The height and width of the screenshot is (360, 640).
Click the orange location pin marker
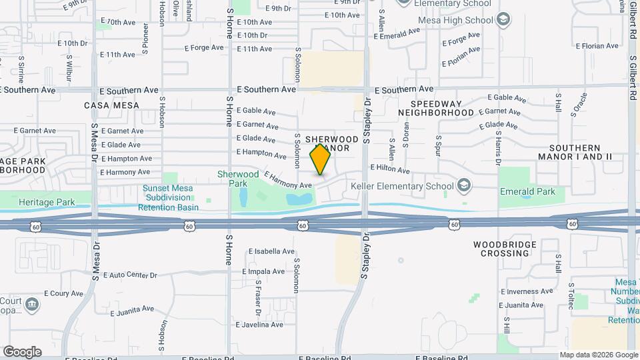pos(321,159)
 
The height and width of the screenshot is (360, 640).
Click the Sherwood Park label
pos(238,178)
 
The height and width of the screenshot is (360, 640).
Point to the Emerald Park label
pos(527,191)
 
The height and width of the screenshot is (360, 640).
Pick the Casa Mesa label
pos(112,105)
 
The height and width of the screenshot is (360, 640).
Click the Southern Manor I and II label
pos(580,152)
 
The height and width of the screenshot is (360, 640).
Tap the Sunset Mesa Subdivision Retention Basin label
pos(167,197)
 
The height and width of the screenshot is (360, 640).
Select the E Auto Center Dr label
pos(129,275)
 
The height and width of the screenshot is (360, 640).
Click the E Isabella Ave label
pos(271,252)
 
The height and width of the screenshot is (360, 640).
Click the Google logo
pos(22,351)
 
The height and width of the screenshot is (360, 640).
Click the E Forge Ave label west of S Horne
pos(203,47)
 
